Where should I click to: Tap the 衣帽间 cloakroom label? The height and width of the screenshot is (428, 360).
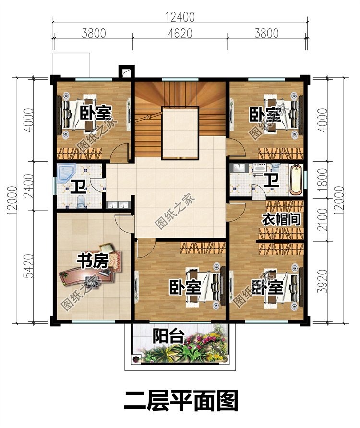tap(281, 219)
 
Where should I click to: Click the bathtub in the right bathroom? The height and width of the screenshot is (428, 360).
tap(297, 180)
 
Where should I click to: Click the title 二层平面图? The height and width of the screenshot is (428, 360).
tap(180, 401)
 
